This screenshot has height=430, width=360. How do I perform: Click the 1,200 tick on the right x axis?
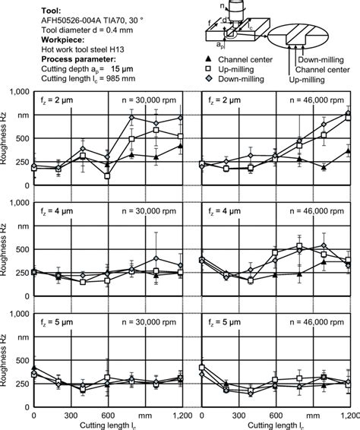point(350,416)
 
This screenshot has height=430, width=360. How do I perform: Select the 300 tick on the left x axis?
point(71,416)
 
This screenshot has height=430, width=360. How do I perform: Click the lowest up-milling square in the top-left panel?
point(107,175)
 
